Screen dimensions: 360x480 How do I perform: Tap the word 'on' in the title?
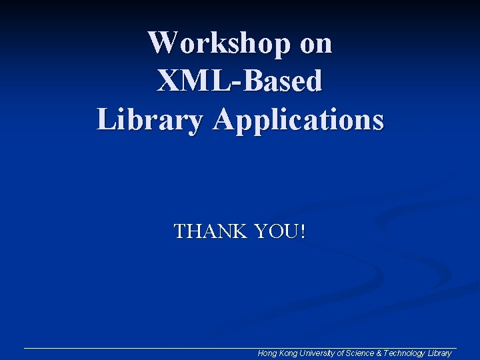tap(316, 44)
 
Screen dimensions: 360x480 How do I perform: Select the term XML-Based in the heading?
tap(240, 82)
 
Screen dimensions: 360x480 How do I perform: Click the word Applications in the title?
tap(299, 121)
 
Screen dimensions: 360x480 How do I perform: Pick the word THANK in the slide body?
tap(211, 232)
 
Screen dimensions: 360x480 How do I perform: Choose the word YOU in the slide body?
tap(277, 232)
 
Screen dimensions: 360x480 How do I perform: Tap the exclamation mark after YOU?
tap(303, 232)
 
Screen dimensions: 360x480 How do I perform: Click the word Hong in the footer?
tap(267, 353)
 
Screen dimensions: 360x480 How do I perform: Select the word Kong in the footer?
tap(287, 353)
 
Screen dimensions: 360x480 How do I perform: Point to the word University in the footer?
tap(317, 353)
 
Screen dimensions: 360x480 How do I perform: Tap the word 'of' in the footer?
tap(341, 353)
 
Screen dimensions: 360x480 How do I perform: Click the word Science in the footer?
tap(360, 353)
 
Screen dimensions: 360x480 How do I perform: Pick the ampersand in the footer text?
tap(379, 353)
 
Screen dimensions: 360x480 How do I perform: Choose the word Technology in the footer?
tap(403, 353)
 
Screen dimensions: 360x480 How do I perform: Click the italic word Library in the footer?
tap(439, 353)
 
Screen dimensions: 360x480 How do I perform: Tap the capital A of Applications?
tap(224, 121)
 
